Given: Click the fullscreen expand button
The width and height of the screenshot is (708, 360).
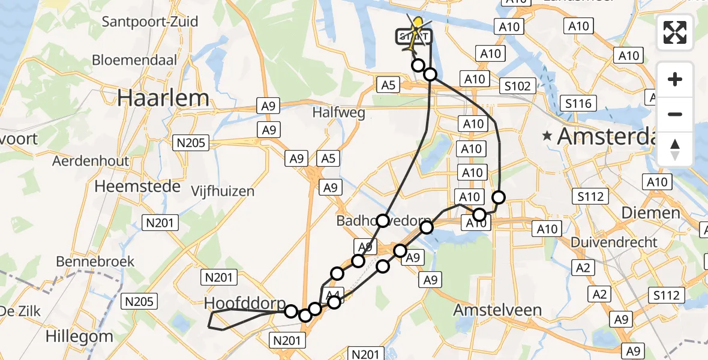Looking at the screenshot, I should coord(675,32).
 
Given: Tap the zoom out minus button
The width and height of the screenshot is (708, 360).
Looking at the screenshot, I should coord(675,114).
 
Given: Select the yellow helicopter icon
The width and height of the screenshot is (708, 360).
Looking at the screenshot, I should coord(418,25).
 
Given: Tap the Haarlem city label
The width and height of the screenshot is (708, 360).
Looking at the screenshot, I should coord(163,98).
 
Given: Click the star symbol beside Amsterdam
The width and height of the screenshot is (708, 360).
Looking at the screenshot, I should coord(547,137).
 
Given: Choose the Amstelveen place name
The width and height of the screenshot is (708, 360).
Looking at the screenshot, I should coord(497,310).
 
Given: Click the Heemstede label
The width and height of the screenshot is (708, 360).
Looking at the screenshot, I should coord(137,187).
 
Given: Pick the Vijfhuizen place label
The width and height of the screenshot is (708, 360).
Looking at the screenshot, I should coord(223,191).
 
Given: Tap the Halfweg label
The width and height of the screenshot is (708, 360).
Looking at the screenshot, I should coord(338,112).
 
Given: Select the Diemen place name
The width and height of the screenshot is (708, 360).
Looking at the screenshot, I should coord(642,213).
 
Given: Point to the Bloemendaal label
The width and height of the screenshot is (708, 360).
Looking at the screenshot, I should coord(135,61).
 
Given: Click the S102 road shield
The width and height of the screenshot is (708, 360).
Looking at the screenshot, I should coord(517,86).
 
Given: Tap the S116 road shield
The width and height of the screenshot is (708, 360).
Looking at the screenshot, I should coord(577,104).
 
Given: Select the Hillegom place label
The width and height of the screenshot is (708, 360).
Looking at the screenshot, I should coord(79,337).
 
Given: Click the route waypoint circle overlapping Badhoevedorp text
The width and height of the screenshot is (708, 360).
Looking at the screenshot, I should coord(383,221).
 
